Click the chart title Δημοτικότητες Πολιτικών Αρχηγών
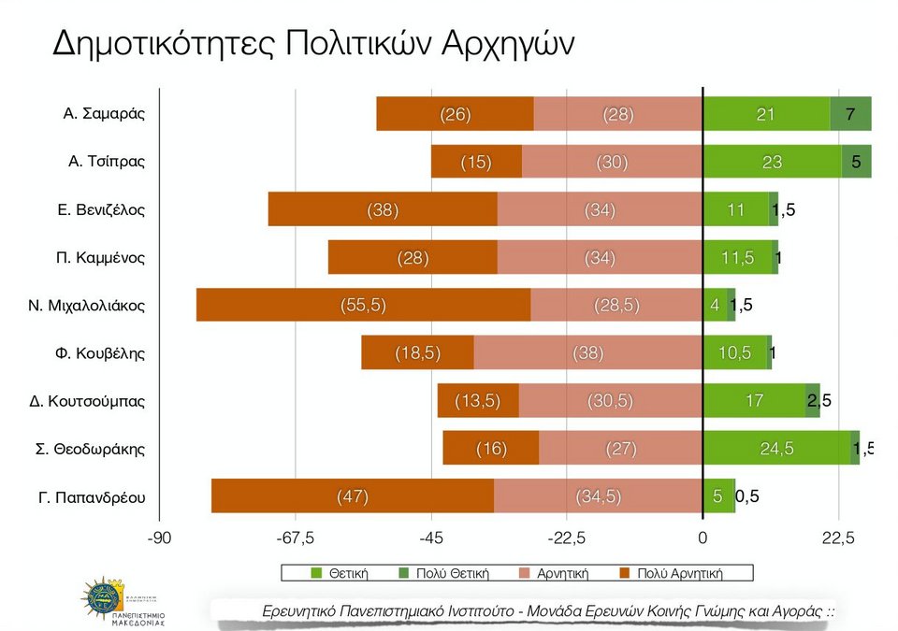[x=312, y=43]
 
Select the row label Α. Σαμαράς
[x=104, y=114]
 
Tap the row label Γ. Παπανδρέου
[x=92, y=496]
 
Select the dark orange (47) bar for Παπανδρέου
[x=353, y=496]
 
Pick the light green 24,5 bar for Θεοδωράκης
[x=776, y=449]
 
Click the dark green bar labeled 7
[x=850, y=114]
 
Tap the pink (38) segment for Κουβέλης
[x=587, y=352]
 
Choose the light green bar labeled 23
[x=772, y=162]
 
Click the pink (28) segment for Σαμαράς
[x=617, y=114]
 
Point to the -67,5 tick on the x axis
[x=296, y=538]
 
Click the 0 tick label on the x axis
[x=702, y=538]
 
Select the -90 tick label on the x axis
[x=159, y=538]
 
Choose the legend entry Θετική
[x=340, y=573]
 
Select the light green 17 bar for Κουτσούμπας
[x=753, y=401]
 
